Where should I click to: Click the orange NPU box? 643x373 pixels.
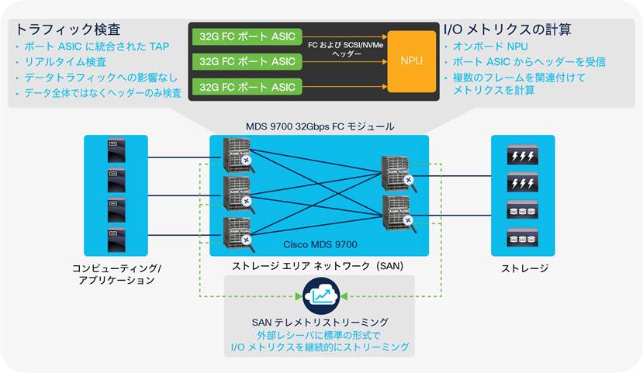[x=410, y=60]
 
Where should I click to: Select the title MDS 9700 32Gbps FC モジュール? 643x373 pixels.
[x=319, y=126]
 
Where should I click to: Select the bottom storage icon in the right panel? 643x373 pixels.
[x=522, y=237]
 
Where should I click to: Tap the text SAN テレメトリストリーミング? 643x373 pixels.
[x=321, y=321]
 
